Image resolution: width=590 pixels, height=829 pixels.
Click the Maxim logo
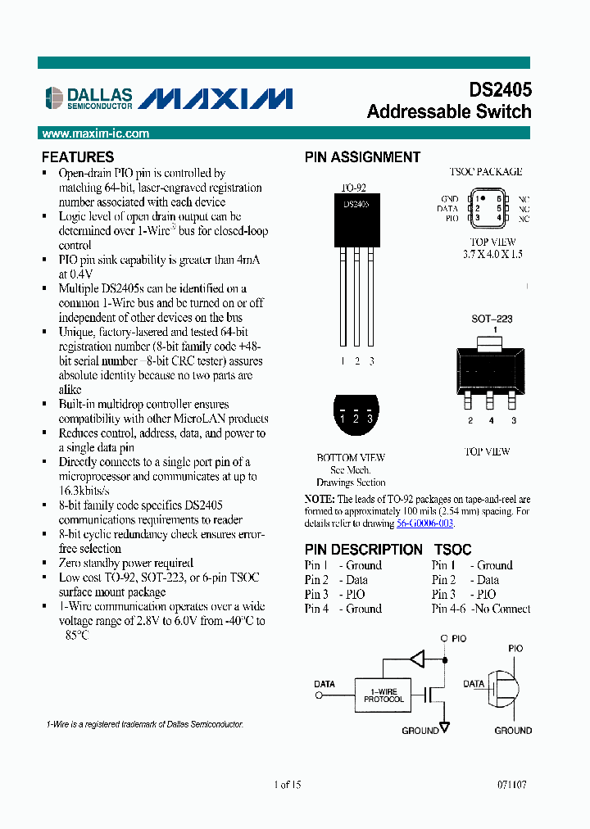coord(215,98)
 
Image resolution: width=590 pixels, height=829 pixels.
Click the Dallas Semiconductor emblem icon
coord(54,98)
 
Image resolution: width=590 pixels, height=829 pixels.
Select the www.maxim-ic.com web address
coord(95,134)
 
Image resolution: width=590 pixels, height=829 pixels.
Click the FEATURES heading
coord(78,157)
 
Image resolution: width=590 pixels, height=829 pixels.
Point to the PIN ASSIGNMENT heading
coord(362,157)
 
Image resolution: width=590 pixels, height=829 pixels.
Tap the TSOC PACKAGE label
coord(485,172)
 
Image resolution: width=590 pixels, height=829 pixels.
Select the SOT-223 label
coord(492,319)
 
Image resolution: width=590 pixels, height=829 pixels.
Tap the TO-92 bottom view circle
coord(355,417)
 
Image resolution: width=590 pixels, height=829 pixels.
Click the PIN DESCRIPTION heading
coord(363,550)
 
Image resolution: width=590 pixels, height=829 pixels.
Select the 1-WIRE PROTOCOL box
coord(383,695)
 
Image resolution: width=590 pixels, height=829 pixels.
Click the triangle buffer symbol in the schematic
coord(417,658)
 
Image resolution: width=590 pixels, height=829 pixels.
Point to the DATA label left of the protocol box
coord(324,683)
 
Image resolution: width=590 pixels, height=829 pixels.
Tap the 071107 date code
coord(511,784)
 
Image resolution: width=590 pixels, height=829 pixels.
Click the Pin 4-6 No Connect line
coord(481,609)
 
